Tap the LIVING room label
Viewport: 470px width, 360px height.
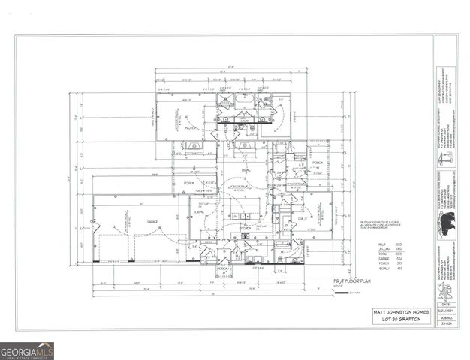246,171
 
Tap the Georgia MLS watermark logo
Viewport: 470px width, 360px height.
27,351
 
